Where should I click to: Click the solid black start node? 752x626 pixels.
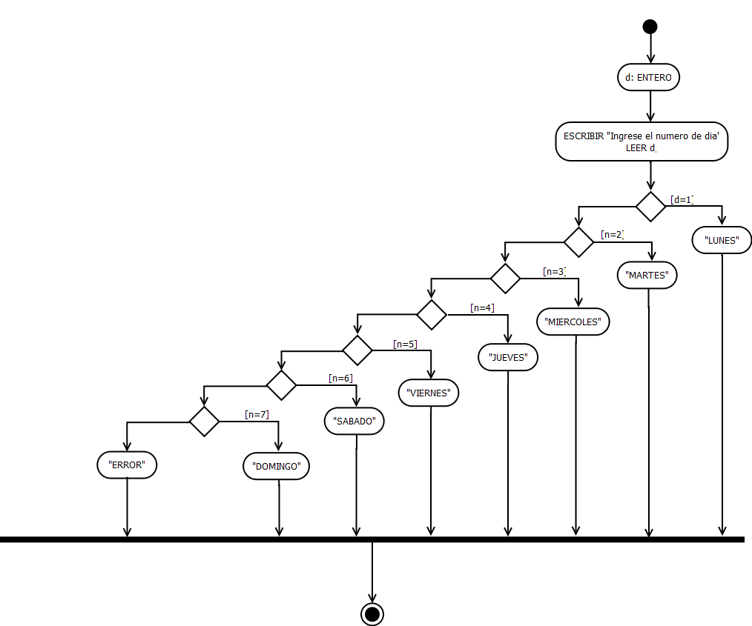coord(650,27)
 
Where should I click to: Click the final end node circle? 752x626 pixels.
coord(372,613)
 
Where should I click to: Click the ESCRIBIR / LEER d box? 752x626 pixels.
coord(641,141)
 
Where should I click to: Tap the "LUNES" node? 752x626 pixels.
coord(722,240)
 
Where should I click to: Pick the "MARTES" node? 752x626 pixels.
coord(648,276)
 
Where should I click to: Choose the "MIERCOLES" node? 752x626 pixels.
coord(576,322)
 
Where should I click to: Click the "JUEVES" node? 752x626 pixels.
coord(508,358)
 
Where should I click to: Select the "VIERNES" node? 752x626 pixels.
coord(429,393)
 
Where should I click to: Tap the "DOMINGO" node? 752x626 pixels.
coord(277,467)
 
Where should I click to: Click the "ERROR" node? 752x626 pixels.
coord(127,465)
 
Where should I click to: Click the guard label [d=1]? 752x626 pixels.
coord(682,199)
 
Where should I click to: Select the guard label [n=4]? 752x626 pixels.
coord(482,307)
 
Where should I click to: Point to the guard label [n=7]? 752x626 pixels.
coord(257,414)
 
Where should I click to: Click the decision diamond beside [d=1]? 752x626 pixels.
coord(650,206)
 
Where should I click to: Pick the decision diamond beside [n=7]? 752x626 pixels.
coord(205,422)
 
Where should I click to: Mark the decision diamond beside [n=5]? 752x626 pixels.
coord(357,350)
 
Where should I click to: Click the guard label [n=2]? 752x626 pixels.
coord(612,235)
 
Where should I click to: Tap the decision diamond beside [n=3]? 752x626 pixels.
coord(506,279)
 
